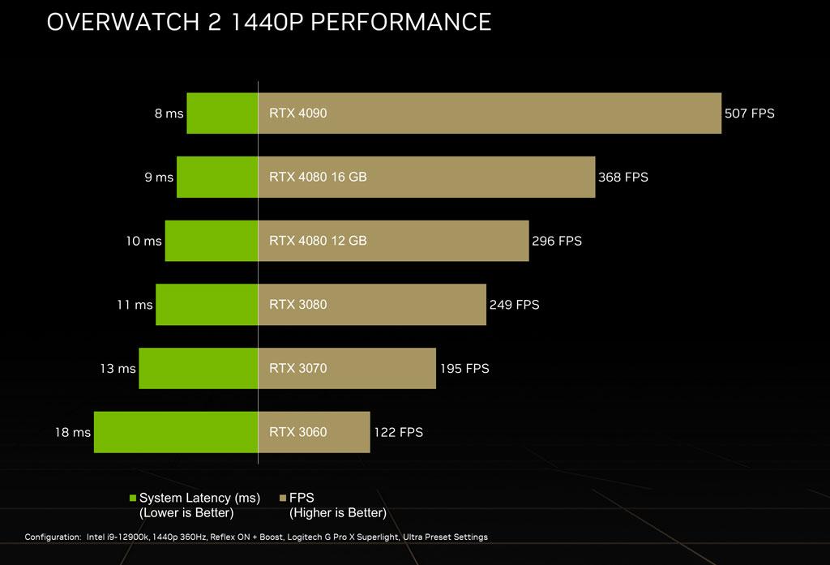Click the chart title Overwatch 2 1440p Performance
[269, 22]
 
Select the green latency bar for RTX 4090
[222, 113]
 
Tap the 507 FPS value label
[750, 113]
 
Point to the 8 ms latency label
[169, 113]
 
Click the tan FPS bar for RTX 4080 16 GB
[426, 177]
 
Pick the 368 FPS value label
[622, 177]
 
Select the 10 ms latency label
[143, 241]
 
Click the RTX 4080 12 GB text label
[318, 241]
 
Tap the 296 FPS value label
[557, 241]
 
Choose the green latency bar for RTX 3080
[207, 305]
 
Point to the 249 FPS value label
[514, 305]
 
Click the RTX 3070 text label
[297, 368]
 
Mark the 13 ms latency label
[118, 368]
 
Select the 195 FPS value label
[464, 368]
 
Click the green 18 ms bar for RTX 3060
[176, 432]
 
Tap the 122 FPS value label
[398, 432]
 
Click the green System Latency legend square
[133, 498]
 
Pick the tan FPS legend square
[283, 498]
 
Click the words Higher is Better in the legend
[338, 513]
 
